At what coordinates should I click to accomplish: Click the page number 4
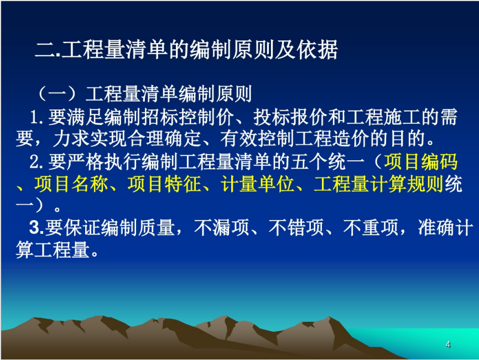(x=448, y=345)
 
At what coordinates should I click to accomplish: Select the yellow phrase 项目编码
(x=421, y=161)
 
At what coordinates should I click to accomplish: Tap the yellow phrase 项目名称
(x=71, y=184)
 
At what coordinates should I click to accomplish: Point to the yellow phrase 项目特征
(x=164, y=184)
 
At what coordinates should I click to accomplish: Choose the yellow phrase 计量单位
(x=258, y=184)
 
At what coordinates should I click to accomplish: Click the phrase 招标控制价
(x=188, y=117)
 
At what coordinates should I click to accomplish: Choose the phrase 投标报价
(x=291, y=117)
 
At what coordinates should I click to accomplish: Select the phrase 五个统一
(x=327, y=161)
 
